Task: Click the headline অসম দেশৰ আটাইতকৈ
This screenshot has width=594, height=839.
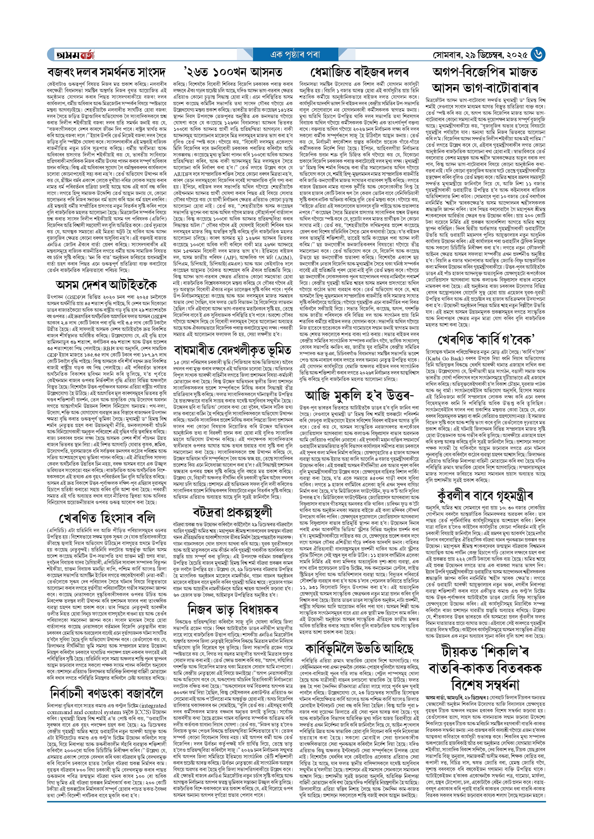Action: point(106,284)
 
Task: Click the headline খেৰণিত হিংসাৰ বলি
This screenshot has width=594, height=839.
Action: point(106,518)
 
